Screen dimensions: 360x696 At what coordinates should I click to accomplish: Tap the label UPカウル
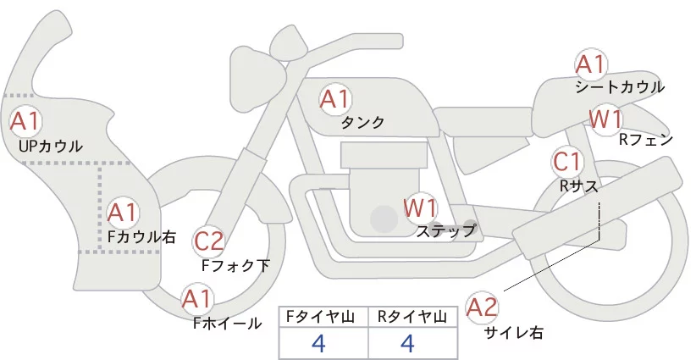[50, 147]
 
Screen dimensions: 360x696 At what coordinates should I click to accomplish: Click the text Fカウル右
[141, 237]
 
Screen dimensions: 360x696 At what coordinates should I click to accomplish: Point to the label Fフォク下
[235, 266]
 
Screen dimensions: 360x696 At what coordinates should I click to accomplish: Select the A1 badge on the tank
[334, 98]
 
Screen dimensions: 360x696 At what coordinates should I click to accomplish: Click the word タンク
[362, 123]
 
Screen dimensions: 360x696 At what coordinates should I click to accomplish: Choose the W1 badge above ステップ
[420, 206]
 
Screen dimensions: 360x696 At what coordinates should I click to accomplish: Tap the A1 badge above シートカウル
[590, 64]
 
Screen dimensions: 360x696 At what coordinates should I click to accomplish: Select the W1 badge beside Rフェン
[605, 119]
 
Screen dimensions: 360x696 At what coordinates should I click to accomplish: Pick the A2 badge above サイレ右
[483, 306]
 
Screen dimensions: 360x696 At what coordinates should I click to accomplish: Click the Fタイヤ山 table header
[323, 317]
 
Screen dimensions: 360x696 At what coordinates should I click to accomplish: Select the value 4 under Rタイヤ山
[408, 343]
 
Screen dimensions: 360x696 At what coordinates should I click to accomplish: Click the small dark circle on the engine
[384, 219]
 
